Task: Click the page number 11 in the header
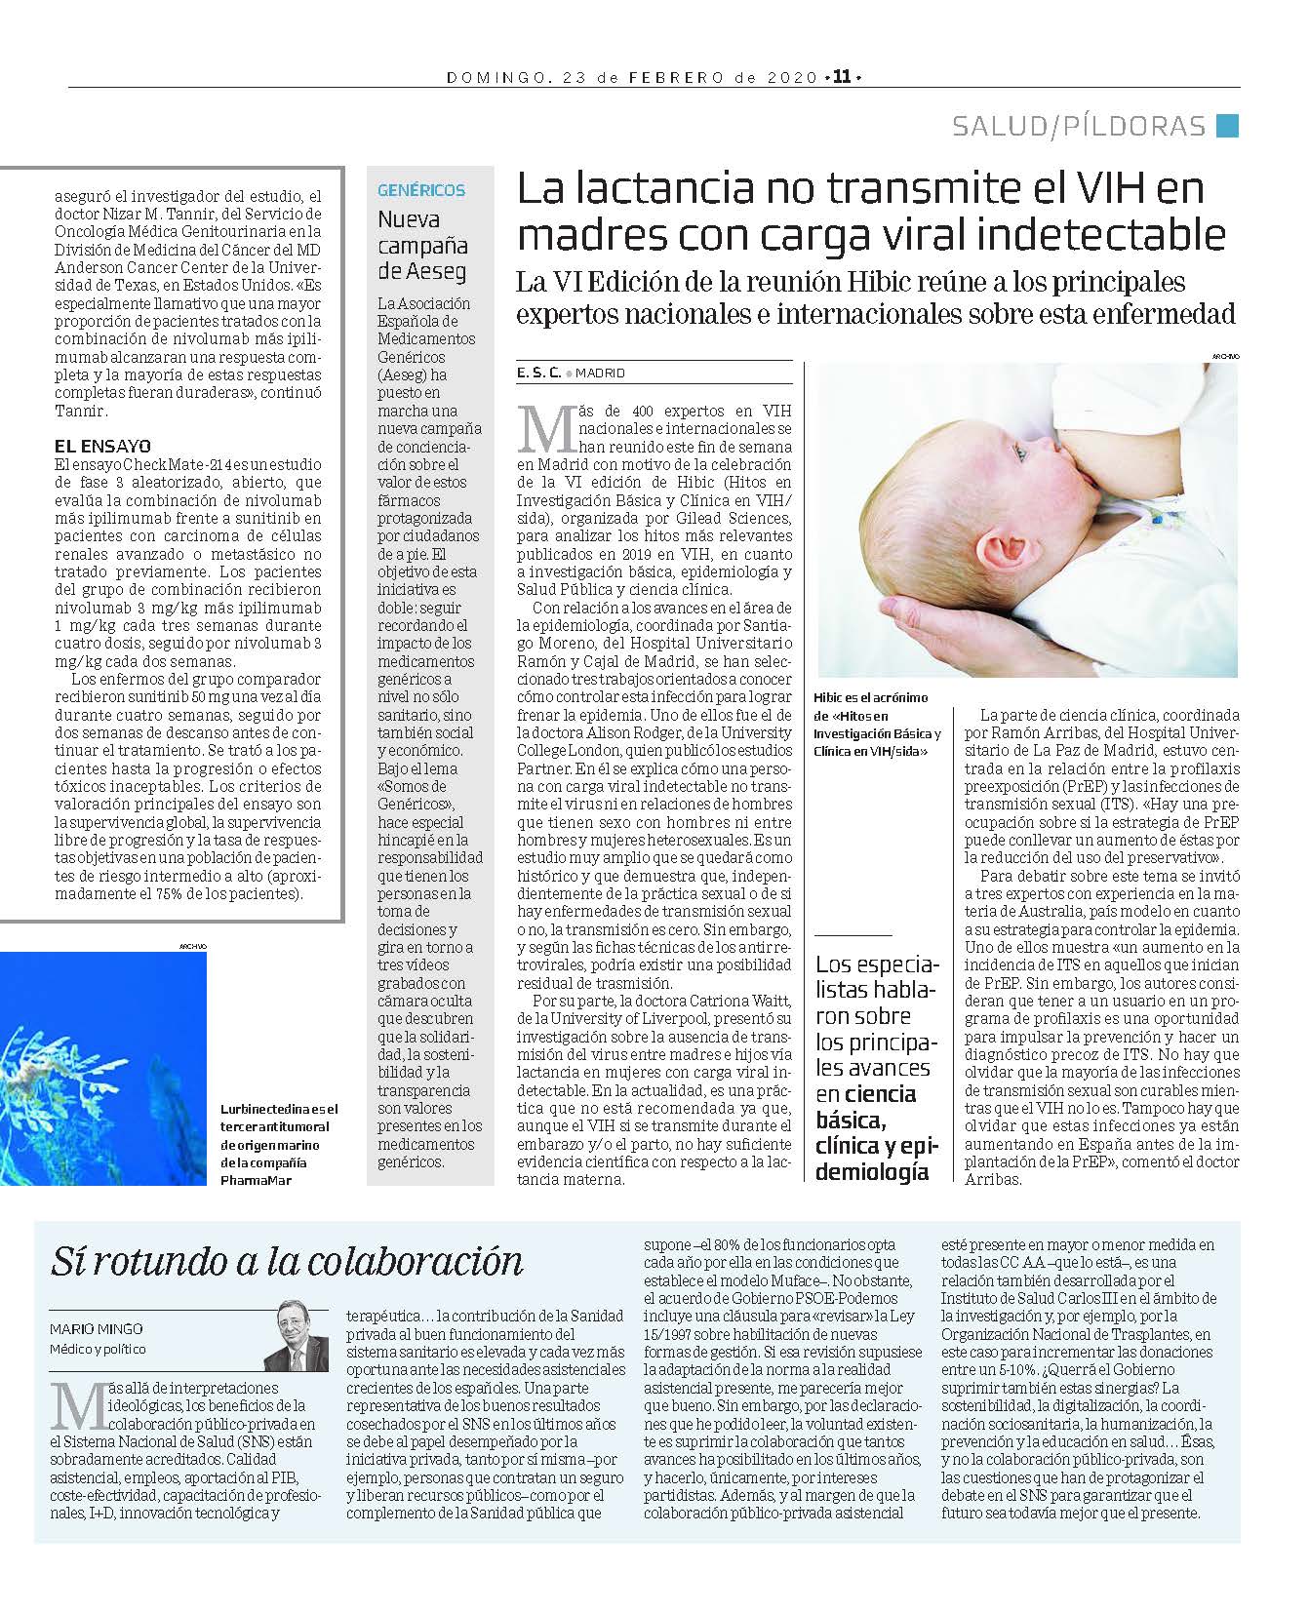(x=842, y=77)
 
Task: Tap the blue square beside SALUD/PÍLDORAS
(x=1228, y=126)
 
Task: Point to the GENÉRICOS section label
(x=421, y=190)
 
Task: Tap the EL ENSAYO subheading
(x=102, y=446)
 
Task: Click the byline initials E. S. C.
(x=538, y=373)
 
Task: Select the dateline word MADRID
(x=600, y=374)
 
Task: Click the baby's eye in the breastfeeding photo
(x=1020, y=452)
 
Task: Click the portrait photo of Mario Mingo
(x=297, y=1335)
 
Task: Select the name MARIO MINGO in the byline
(x=96, y=1329)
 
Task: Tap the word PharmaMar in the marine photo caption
(x=256, y=1180)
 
